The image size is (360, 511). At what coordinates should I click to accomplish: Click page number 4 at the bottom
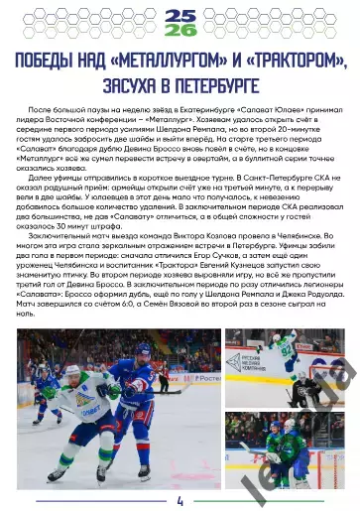(x=180, y=500)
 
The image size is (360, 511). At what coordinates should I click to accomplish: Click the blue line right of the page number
(x=268, y=500)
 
